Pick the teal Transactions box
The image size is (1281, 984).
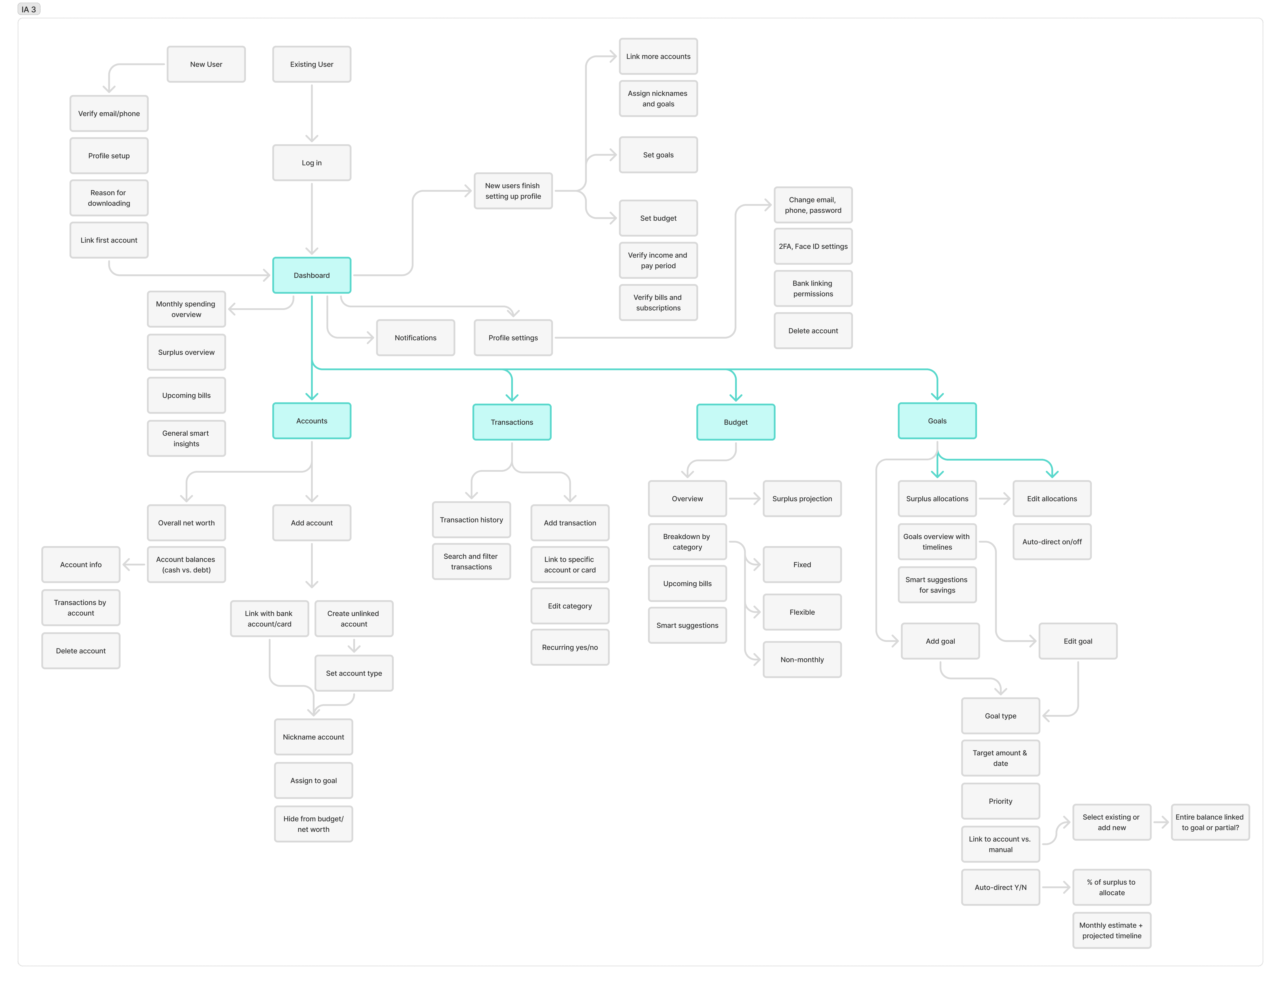point(512,422)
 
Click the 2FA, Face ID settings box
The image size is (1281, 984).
point(813,247)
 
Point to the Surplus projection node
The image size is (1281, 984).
point(802,499)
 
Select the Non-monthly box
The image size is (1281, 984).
point(802,660)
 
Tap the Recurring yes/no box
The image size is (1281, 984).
point(570,647)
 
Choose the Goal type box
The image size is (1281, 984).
point(1000,716)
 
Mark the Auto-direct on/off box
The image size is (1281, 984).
point(1052,542)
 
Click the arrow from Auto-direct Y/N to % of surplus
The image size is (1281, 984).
point(1056,887)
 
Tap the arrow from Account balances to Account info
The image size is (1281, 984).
point(134,565)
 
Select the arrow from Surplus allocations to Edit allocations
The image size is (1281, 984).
point(994,499)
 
